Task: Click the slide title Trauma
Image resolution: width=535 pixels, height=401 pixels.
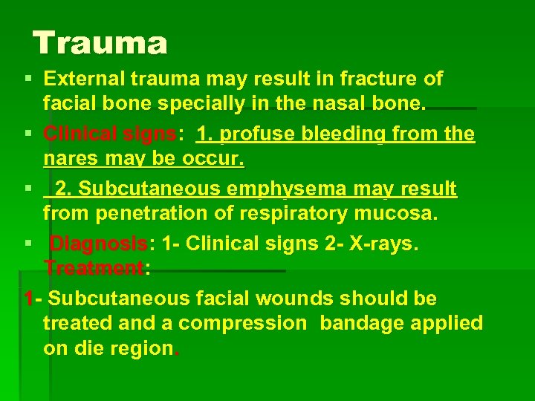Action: [100, 43]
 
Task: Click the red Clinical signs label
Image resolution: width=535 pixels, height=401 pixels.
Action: [110, 134]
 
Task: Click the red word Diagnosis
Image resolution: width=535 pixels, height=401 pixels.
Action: [99, 244]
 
